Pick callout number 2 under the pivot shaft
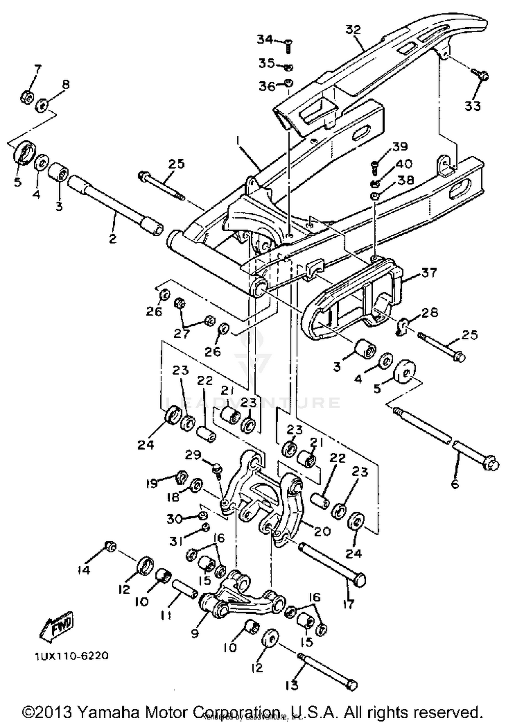(x=113, y=239)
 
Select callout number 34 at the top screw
(x=265, y=40)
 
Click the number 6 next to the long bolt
(x=454, y=484)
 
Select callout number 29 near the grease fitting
(x=193, y=455)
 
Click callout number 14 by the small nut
(x=83, y=570)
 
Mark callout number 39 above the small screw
(x=400, y=147)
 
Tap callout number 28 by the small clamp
(x=429, y=312)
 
